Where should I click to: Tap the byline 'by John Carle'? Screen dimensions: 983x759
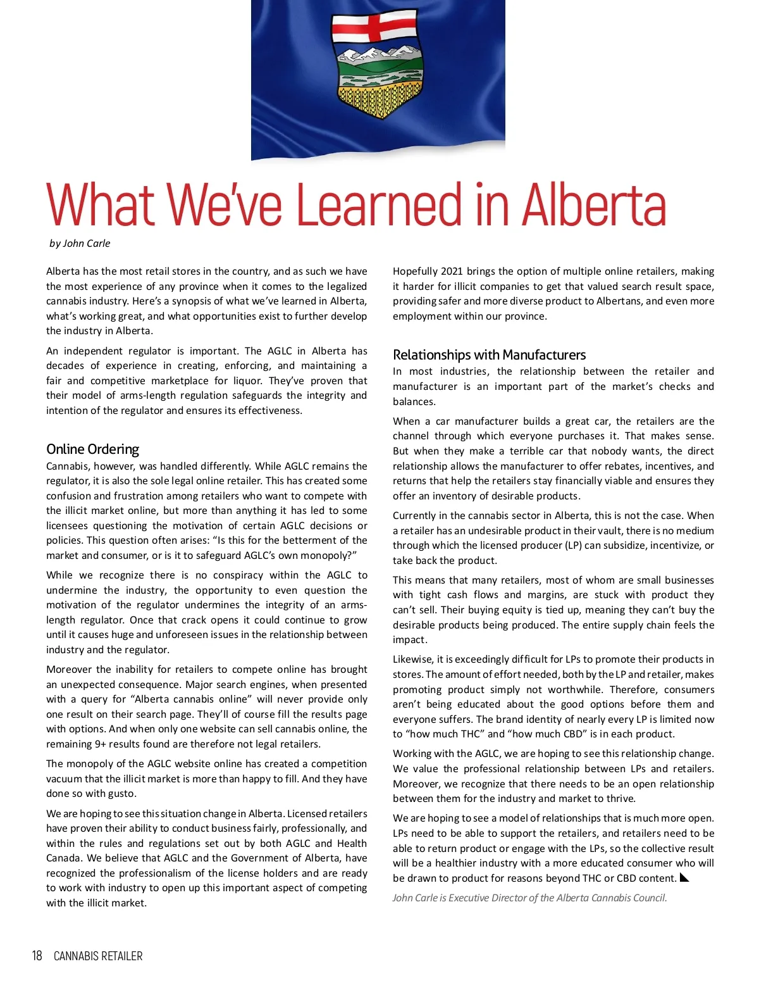click(80, 244)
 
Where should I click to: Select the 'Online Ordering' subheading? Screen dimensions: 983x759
click(92, 449)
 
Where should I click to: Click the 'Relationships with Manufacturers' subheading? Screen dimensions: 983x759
click(489, 355)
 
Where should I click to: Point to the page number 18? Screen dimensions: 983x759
click(37, 956)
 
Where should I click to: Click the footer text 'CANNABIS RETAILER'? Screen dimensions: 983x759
click(98, 956)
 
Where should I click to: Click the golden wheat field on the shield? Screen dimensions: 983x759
click(375, 100)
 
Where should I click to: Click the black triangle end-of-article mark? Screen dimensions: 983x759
click(684, 877)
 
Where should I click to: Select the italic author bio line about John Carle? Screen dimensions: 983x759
click(529, 898)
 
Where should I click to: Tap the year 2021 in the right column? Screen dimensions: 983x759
click(452, 272)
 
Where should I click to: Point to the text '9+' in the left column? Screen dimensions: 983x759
click(101, 744)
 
